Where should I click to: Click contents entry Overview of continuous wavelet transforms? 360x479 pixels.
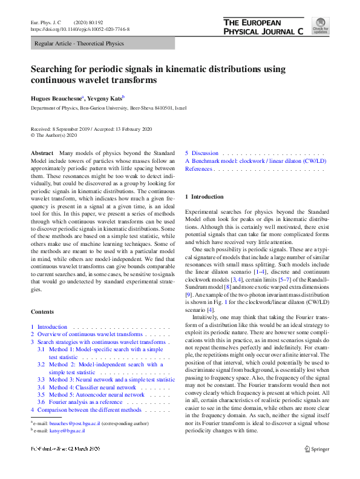[x=90, y=334]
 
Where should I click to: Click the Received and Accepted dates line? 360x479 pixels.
[x=91, y=130]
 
